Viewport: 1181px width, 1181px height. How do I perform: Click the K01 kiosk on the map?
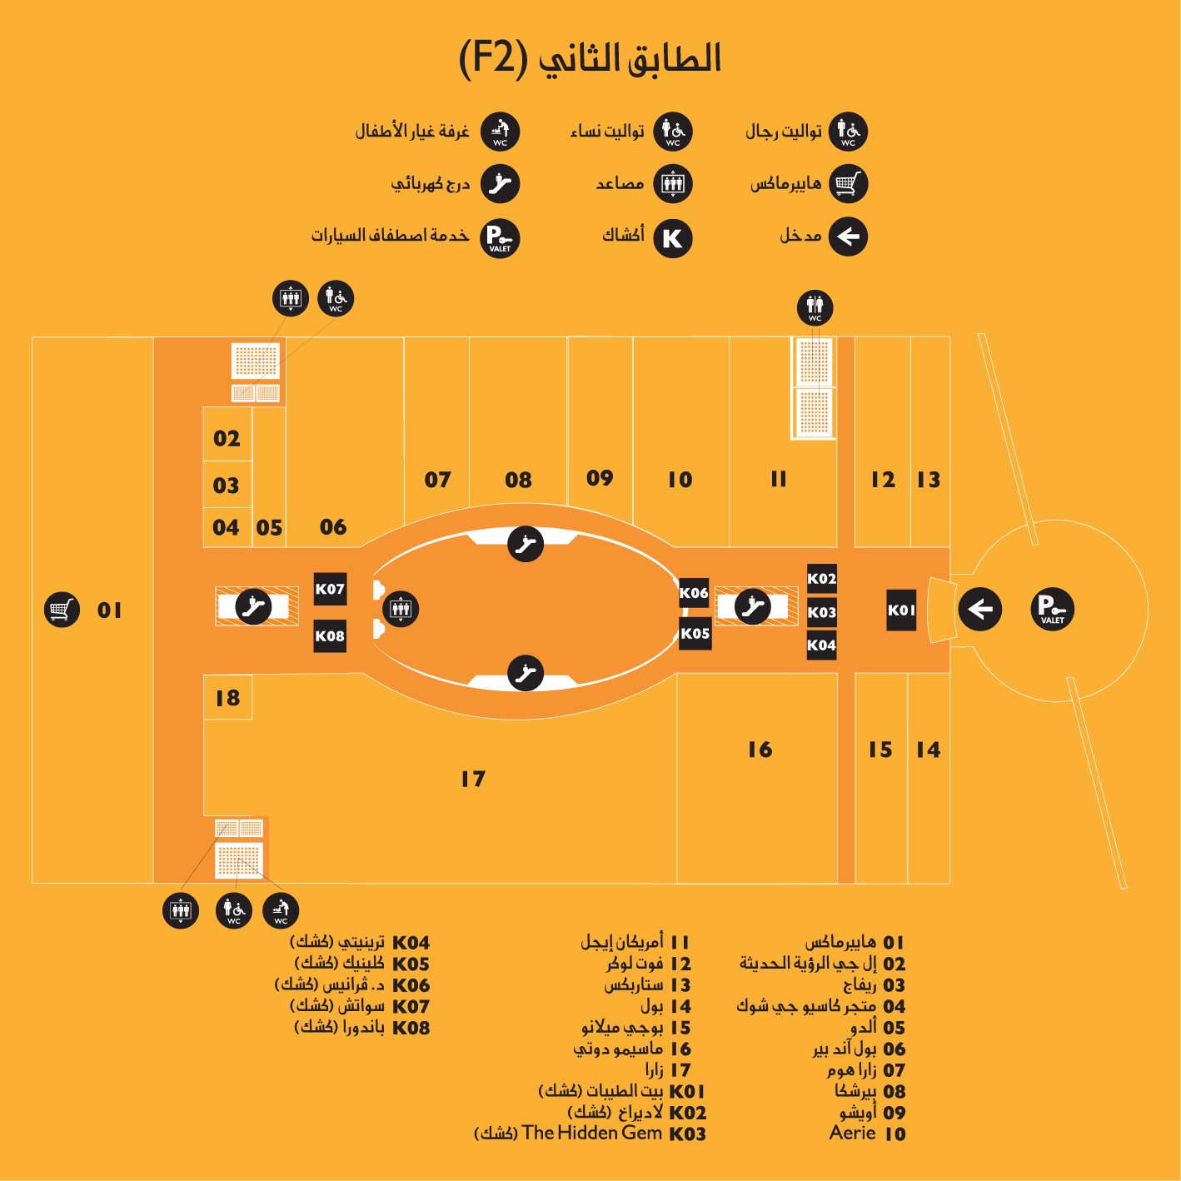tap(901, 610)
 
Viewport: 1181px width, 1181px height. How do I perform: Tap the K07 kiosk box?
tap(330, 589)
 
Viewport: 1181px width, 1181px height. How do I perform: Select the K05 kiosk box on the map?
tap(695, 633)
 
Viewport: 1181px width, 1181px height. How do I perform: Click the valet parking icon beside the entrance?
tap(1052, 610)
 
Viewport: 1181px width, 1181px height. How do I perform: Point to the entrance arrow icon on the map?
tap(980, 610)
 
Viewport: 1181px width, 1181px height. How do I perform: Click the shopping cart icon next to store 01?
tap(62, 610)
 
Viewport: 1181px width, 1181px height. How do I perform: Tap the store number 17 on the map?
tap(473, 779)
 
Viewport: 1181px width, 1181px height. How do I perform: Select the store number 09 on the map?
tap(600, 478)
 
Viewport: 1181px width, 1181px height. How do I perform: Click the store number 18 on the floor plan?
tap(227, 698)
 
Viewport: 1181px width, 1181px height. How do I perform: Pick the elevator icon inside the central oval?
tap(401, 609)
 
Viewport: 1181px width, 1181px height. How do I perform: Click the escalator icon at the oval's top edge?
tap(526, 545)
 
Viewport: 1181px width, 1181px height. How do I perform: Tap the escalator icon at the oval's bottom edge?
tap(526, 673)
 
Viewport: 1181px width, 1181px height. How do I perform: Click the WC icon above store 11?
tap(815, 307)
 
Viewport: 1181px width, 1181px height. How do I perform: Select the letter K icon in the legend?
tap(672, 238)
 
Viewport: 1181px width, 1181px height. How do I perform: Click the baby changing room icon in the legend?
tap(500, 132)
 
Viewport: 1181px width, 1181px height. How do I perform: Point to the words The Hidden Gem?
tap(591, 1133)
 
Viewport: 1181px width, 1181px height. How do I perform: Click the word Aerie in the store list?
tap(852, 1133)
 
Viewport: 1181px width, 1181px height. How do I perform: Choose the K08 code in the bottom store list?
tap(411, 1028)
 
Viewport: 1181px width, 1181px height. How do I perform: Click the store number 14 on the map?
tap(928, 750)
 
